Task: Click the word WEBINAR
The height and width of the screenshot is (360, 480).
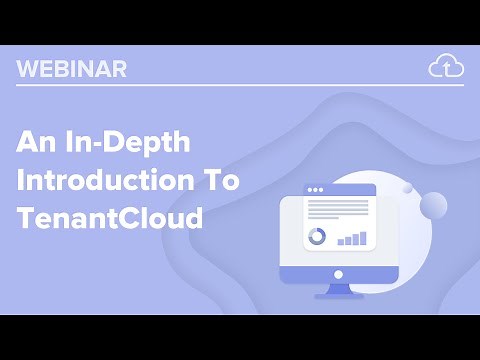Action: coord(71,69)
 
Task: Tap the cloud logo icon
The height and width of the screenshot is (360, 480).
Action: coord(446,67)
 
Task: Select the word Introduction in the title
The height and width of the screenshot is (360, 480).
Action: coord(88,181)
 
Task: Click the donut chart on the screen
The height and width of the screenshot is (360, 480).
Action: coord(316,237)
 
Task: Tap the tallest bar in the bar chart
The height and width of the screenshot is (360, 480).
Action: coord(362,237)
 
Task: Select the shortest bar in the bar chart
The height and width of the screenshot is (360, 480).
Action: coord(340,241)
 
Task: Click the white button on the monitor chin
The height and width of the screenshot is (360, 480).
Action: coord(338,274)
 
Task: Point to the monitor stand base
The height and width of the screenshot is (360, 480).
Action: coord(338,295)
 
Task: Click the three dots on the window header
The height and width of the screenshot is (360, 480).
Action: coord(316,189)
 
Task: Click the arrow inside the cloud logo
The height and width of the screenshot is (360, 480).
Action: coord(446,69)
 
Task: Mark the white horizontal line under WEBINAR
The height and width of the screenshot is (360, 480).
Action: coord(240,85)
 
